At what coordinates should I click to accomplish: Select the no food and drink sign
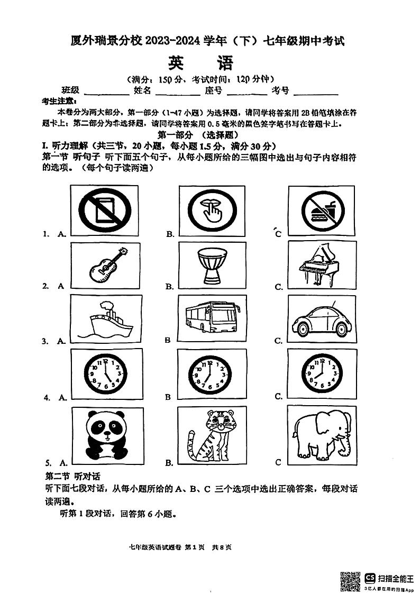(321, 211)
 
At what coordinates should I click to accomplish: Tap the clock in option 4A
(106, 373)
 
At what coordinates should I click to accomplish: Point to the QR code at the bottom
(350, 581)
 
